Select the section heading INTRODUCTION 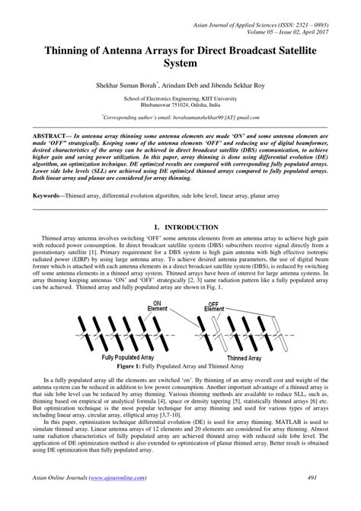[186, 227]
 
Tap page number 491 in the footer [323, 500]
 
